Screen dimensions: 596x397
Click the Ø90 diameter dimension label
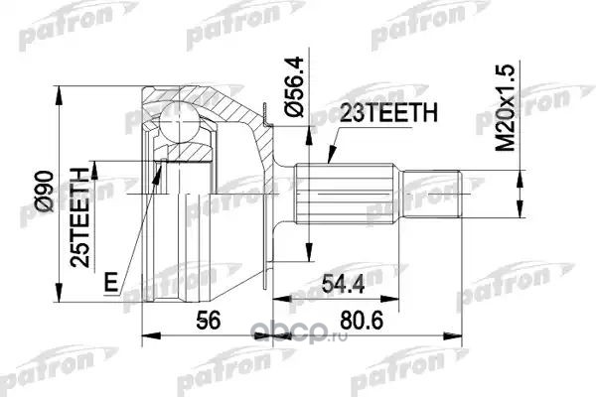44,192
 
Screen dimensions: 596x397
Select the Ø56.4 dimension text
295,86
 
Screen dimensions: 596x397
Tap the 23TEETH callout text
388,112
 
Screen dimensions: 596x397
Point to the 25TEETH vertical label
79,217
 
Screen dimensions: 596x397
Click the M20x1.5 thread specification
506,107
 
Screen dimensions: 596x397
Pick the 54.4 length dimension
344,284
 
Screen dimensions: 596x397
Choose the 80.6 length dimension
362,321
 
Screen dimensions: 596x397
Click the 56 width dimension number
208,321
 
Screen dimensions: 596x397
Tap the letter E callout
111,282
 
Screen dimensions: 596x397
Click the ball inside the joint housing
179,121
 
